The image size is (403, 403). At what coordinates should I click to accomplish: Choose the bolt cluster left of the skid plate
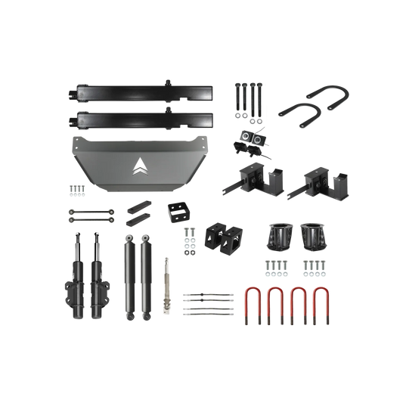pyautogui.click(x=76, y=189)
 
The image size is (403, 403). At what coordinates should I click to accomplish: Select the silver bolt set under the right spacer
pyautogui.click(x=313, y=266)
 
